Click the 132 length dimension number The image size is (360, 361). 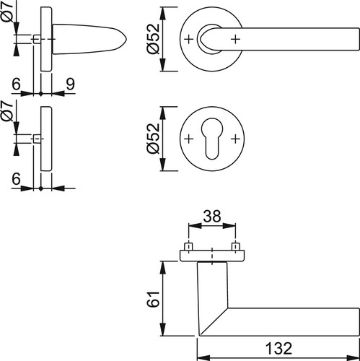click(278, 348)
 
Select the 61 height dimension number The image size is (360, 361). click(153, 299)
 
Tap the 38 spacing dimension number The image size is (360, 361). click(212, 216)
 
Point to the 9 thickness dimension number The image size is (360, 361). click(70, 84)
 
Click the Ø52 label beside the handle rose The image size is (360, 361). click(153, 39)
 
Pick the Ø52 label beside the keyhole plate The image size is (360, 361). click(153, 139)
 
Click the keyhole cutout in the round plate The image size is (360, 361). click(212, 139)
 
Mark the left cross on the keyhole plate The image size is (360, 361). click(189, 139)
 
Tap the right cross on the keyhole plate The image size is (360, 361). click(235, 139)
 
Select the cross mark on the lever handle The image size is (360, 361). click(235, 39)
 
